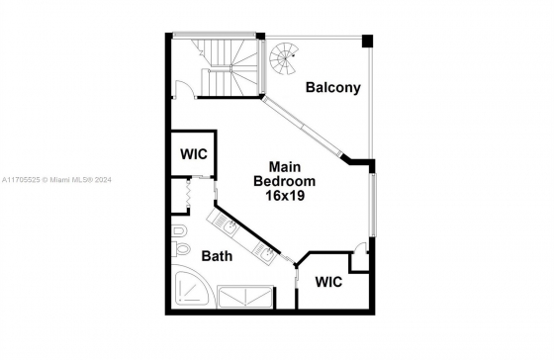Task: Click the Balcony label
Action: click(x=333, y=87)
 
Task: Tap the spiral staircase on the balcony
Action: click(x=284, y=58)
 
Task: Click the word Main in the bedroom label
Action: click(x=285, y=166)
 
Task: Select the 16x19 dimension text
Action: click(x=285, y=196)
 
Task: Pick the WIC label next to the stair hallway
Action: click(x=194, y=154)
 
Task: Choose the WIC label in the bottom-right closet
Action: click(x=328, y=282)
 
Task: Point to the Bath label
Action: click(x=217, y=256)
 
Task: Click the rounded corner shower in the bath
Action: click(x=194, y=286)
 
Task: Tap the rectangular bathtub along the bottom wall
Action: click(x=245, y=297)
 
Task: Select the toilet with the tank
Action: click(x=180, y=248)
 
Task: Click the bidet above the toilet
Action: click(x=180, y=231)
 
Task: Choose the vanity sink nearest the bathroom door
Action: click(x=266, y=253)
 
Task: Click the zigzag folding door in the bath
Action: click(x=188, y=193)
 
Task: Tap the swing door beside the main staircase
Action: click(x=184, y=88)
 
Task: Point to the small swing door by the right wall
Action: click(x=361, y=247)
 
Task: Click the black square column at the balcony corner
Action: click(x=367, y=41)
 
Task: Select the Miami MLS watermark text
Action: click(x=56, y=180)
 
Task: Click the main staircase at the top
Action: click(x=227, y=67)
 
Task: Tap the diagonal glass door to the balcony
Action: click(x=303, y=127)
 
